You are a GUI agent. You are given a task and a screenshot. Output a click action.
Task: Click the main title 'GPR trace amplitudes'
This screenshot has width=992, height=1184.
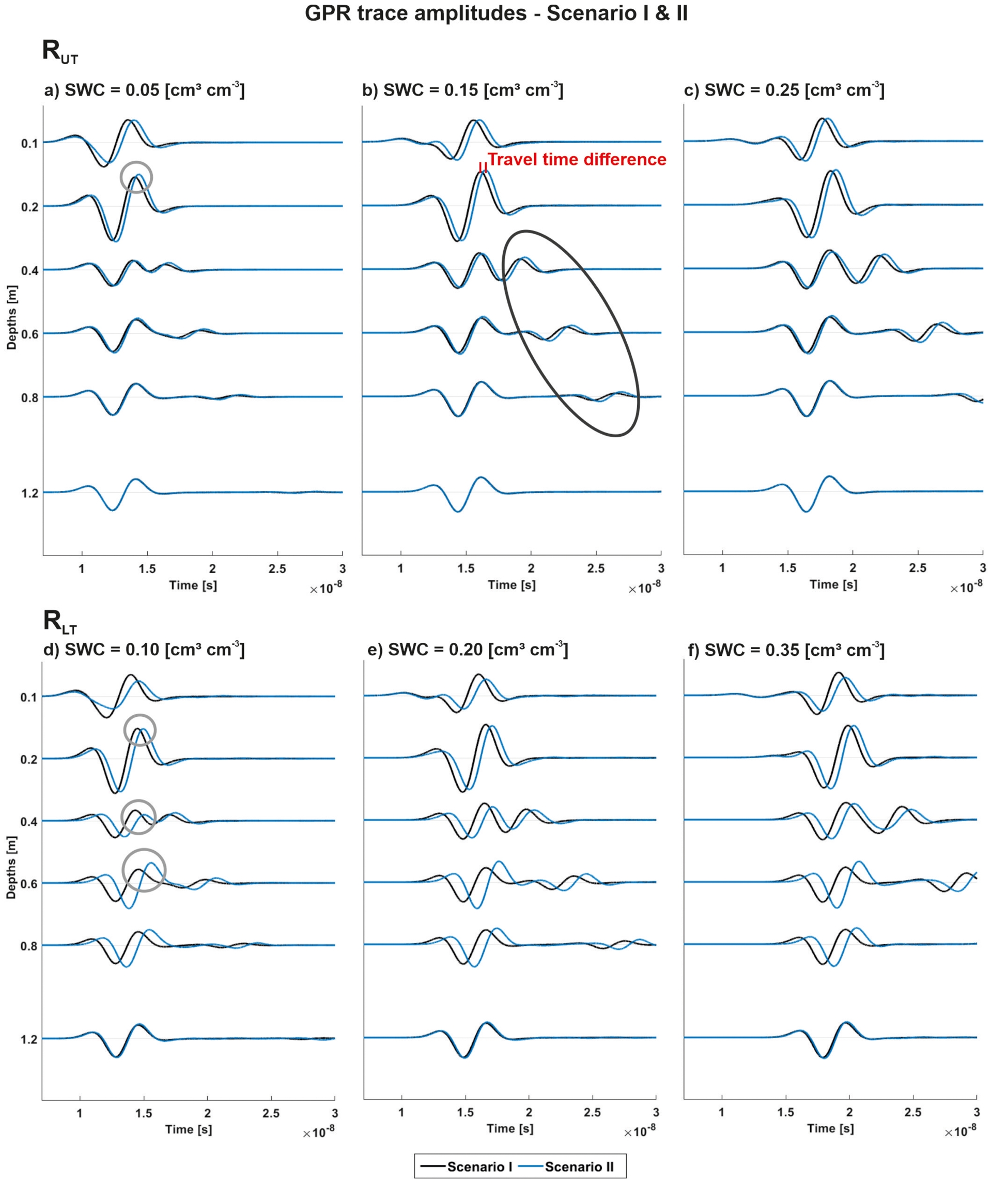[x=496, y=13]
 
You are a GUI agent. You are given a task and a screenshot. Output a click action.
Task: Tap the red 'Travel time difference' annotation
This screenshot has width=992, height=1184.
[x=577, y=160]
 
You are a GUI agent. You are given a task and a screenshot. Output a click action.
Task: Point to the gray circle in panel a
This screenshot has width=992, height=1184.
[x=136, y=177]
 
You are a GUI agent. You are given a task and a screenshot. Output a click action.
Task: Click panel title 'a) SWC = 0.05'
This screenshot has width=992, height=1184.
[x=144, y=90]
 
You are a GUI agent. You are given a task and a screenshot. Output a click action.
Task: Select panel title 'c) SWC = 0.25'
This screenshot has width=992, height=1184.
[x=783, y=90]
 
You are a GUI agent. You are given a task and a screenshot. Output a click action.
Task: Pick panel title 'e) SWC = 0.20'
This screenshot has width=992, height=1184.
[x=467, y=650]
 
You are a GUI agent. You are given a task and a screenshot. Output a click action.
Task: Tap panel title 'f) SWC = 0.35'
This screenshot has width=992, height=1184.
[x=786, y=650]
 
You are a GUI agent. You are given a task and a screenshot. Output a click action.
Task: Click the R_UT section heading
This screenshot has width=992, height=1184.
[x=60, y=51]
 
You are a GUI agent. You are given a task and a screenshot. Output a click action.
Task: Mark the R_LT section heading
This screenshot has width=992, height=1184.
[x=60, y=622]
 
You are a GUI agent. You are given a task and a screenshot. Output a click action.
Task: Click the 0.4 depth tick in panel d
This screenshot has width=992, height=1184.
[x=29, y=822]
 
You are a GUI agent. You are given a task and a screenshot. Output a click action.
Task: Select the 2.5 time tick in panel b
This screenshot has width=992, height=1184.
[x=596, y=568]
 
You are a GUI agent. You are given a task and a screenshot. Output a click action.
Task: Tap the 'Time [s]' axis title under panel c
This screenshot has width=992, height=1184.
[x=833, y=585]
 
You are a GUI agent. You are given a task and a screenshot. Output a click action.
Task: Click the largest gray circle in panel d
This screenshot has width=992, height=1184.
[x=144, y=870]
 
